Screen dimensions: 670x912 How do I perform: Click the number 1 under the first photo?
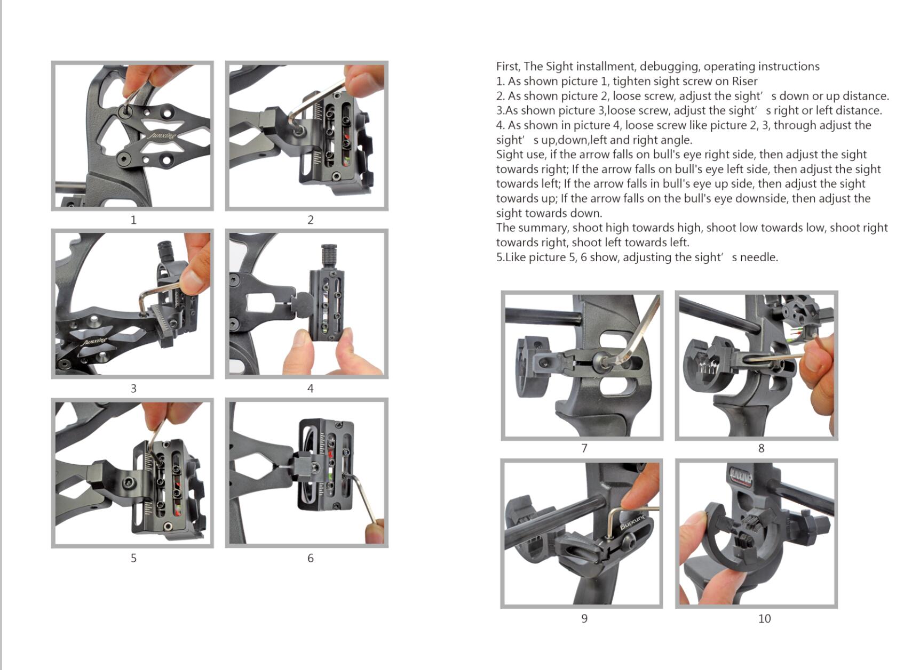pyautogui.click(x=133, y=220)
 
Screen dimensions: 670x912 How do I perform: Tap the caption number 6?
pyautogui.click(x=311, y=558)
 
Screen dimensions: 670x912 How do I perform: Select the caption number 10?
pyautogui.click(x=764, y=618)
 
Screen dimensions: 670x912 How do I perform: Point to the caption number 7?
pyautogui.click(x=584, y=448)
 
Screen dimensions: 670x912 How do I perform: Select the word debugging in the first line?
pyautogui.click(x=669, y=66)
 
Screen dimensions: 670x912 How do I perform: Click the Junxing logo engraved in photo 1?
pyautogui.click(x=162, y=135)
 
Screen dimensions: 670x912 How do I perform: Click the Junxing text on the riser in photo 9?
pyautogui.click(x=633, y=523)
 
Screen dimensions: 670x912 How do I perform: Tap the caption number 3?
pyautogui.click(x=133, y=389)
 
